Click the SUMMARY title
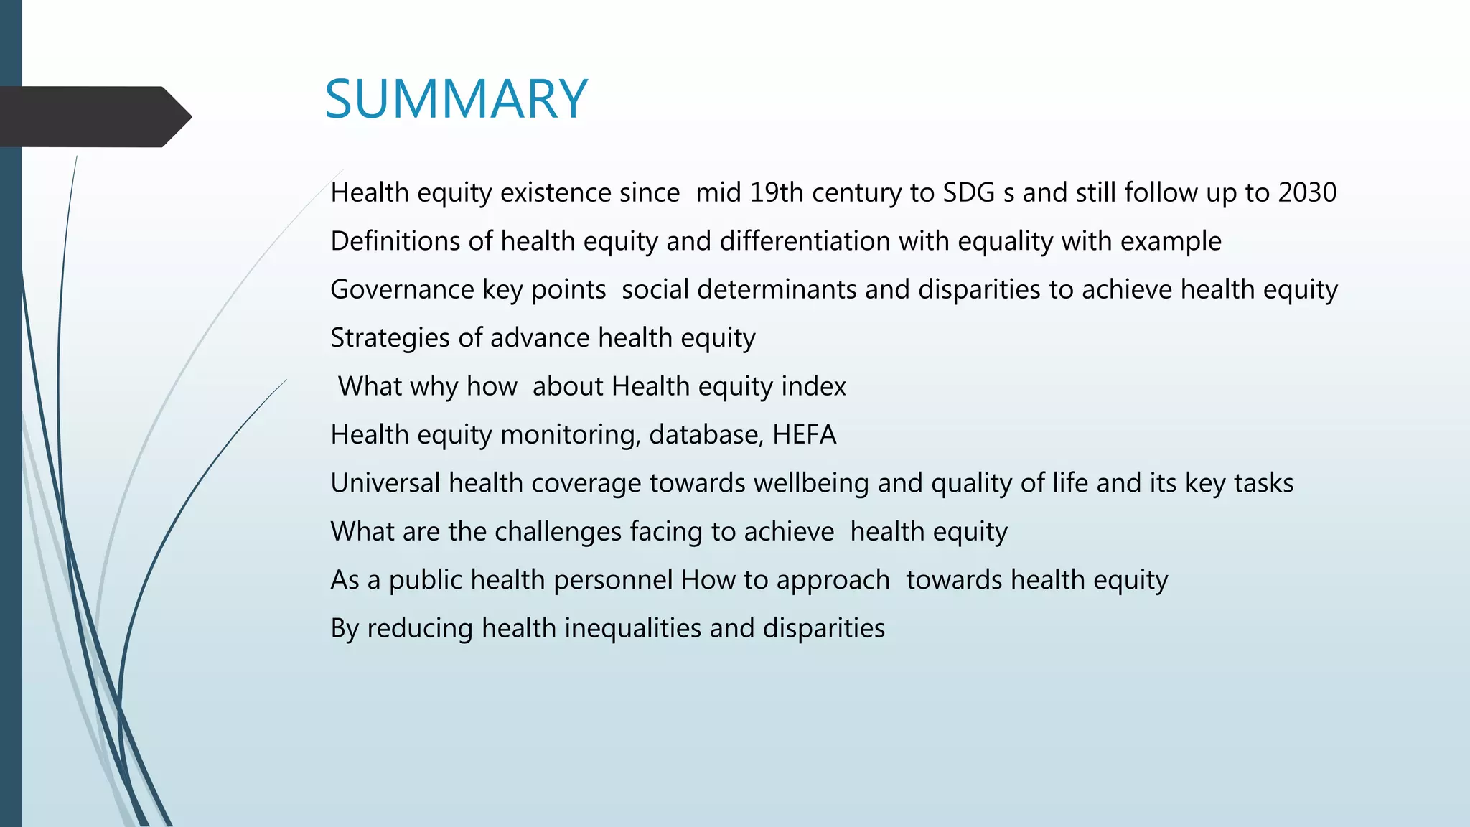(456, 99)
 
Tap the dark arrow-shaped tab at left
(93, 117)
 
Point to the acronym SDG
(968, 192)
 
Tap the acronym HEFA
(804, 435)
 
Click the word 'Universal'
(385, 483)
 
